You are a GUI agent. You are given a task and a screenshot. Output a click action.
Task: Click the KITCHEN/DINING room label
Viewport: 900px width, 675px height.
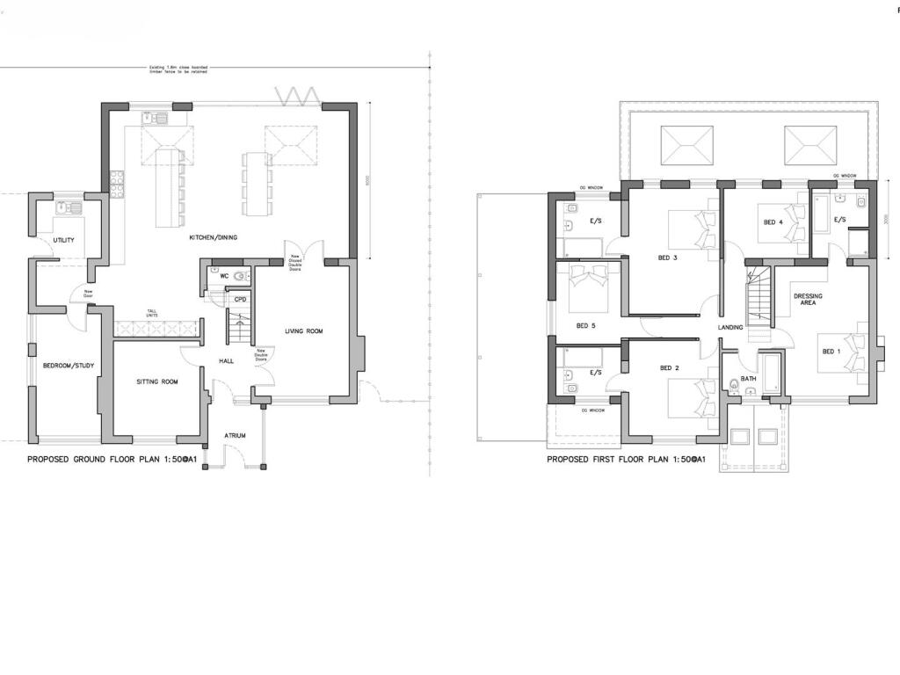point(214,238)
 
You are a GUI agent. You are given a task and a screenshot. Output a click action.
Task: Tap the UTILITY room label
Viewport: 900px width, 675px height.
point(63,240)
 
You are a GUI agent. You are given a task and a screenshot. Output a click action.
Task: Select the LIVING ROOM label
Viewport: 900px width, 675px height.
point(303,331)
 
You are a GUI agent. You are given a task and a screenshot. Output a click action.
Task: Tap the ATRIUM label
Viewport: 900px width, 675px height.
point(235,435)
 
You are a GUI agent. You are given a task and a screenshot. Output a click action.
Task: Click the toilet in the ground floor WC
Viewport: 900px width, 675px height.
point(240,276)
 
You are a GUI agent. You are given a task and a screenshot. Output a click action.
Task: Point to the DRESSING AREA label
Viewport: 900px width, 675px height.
point(808,299)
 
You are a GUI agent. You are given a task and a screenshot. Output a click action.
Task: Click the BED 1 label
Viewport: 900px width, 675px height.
point(831,352)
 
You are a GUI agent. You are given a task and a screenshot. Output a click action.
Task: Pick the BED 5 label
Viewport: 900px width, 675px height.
point(585,326)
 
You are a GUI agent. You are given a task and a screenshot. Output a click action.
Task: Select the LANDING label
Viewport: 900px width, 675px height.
point(729,328)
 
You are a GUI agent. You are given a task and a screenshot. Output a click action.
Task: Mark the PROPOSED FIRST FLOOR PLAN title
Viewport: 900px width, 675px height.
point(626,460)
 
